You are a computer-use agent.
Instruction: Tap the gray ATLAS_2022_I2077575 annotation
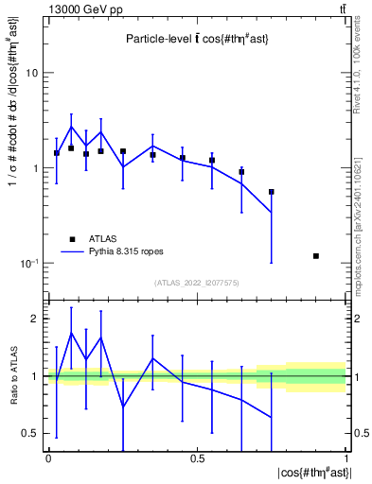(197, 283)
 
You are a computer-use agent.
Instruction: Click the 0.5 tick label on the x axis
(197, 458)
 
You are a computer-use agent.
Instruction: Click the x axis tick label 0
(48, 458)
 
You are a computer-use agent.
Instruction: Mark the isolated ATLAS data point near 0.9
(316, 256)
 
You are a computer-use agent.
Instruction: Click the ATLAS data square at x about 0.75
(272, 192)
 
